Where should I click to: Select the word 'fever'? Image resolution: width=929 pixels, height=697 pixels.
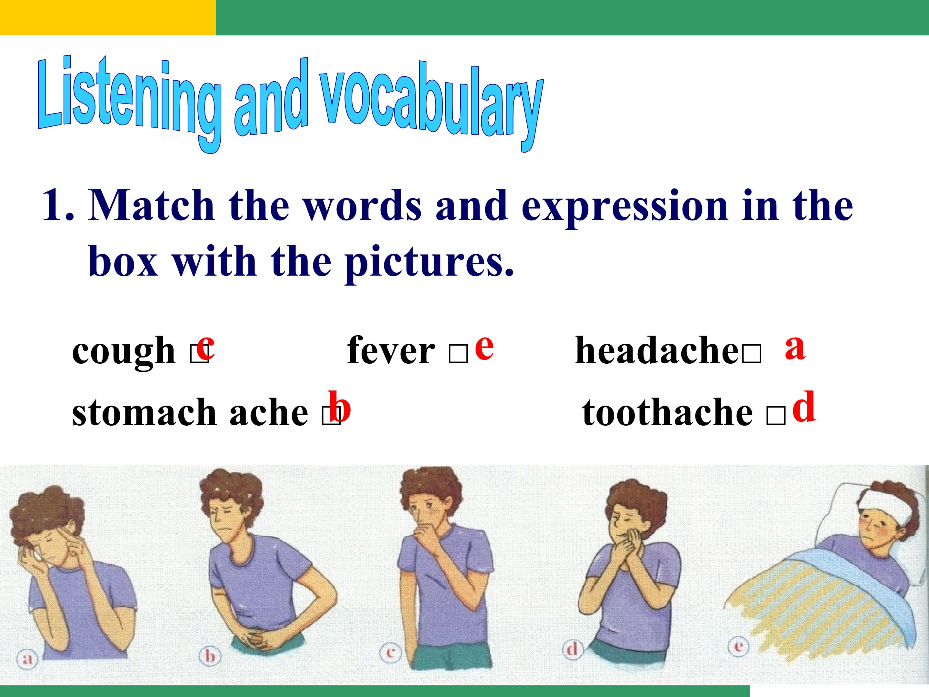(391, 351)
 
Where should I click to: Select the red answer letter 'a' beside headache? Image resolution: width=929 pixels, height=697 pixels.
(795, 348)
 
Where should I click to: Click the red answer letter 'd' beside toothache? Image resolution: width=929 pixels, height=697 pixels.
(804, 406)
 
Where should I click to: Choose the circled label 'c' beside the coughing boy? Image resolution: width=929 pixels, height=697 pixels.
(391, 652)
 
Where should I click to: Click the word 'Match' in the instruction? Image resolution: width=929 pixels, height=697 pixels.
(151, 206)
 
